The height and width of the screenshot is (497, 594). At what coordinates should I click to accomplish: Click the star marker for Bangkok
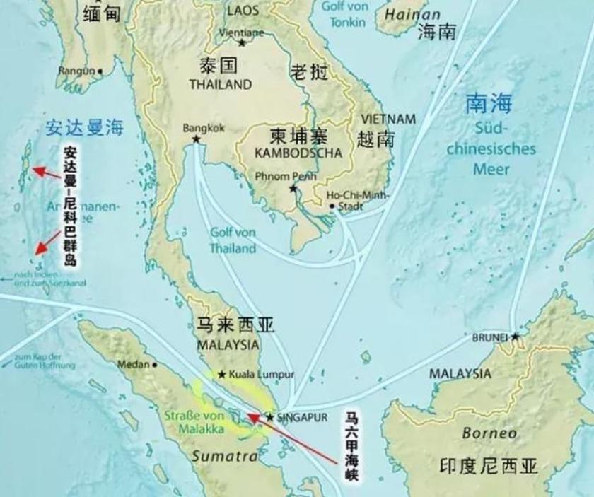(x=196, y=140)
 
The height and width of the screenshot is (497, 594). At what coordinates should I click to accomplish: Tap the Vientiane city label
(x=242, y=33)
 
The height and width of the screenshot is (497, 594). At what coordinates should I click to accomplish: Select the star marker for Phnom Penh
(x=293, y=189)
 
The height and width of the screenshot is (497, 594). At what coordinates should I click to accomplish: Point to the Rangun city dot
(x=100, y=71)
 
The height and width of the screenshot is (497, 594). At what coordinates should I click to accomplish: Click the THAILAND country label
(x=220, y=84)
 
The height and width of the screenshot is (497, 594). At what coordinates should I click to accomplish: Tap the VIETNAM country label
(x=388, y=119)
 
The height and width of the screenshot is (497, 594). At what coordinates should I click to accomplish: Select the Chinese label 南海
(x=488, y=104)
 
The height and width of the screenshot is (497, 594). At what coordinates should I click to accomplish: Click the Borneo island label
(x=489, y=433)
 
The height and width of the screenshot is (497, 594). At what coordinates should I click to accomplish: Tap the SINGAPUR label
(x=302, y=417)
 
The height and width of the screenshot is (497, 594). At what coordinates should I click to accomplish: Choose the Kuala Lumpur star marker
(x=222, y=375)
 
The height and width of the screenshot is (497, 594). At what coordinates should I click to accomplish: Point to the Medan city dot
(x=155, y=365)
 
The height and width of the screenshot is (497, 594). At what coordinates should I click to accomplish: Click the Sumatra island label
(x=225, y=456)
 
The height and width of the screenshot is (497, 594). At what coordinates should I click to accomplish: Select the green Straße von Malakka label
(x=194, y=422)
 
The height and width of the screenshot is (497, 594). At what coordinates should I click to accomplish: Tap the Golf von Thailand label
(x=233, y=240)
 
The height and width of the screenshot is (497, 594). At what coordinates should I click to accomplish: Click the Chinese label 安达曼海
(x=84, y=127)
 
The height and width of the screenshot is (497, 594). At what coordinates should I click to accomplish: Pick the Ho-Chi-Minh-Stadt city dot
(x=332, y=206)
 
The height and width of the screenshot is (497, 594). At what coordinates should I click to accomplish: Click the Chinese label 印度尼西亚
(x=489, y=465)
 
